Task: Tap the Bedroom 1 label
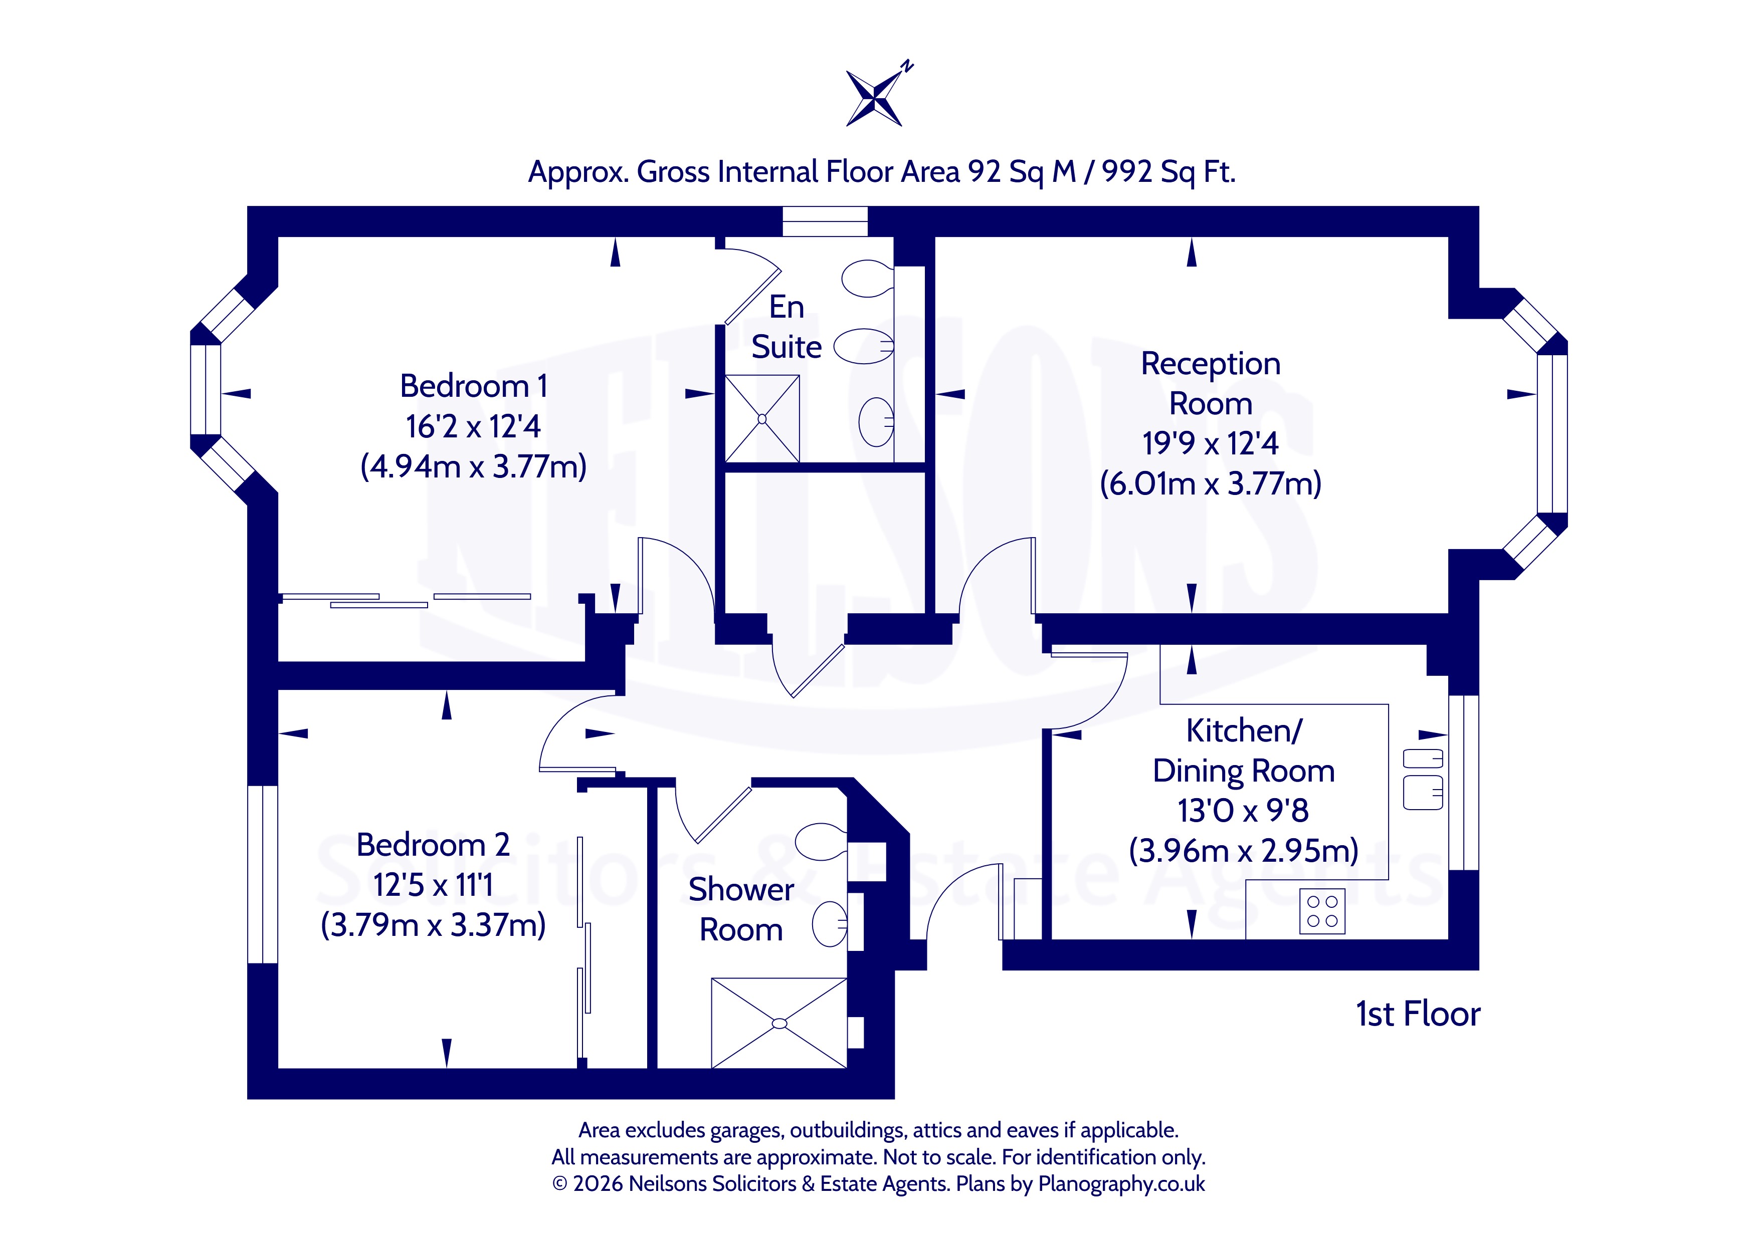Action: click(x=473, y=386)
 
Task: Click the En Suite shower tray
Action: click(x=762, y=419)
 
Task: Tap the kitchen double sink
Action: click(x=1423, y=779)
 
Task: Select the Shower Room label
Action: click(x=741, y=909)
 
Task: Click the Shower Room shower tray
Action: click(x=778, y=1024)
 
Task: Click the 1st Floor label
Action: click(x=1418, y=1014)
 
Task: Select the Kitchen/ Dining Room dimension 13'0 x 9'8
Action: click(x=1244, y=811)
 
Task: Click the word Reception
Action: click(x=1211, y=364)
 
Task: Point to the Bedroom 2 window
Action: click(x=263, y=874)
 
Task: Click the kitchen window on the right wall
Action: click(x=1463, y=782)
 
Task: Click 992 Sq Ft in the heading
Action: click(x=1168, y=172)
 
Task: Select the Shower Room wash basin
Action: click(x=829, y=924)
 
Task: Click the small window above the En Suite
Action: click(x=825, y=221)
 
